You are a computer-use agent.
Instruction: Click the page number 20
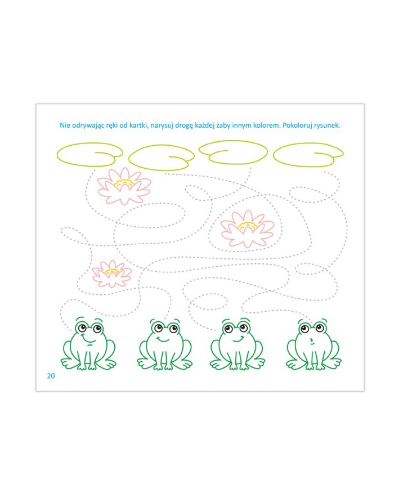(x=51, y=376)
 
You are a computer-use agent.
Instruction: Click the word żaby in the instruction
(x=223, y=125)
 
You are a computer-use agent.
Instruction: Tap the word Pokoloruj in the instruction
(x=297, y=125)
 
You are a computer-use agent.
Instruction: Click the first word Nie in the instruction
(x=65, y=125)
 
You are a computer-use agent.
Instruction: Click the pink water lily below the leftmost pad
(x=124, y=186)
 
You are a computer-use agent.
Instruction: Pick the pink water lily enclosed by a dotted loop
(x=248, y=228)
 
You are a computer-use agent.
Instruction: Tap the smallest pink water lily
(x=112, y=274)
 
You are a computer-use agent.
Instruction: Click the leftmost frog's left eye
(x=82, y=328)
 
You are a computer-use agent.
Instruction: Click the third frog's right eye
(x=243, y=328)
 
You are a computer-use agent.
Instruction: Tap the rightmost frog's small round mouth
(x=311, y=339)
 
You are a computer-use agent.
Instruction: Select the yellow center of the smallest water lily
(x=112, y=272)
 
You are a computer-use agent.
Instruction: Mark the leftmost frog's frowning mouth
(x=89, y=340)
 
